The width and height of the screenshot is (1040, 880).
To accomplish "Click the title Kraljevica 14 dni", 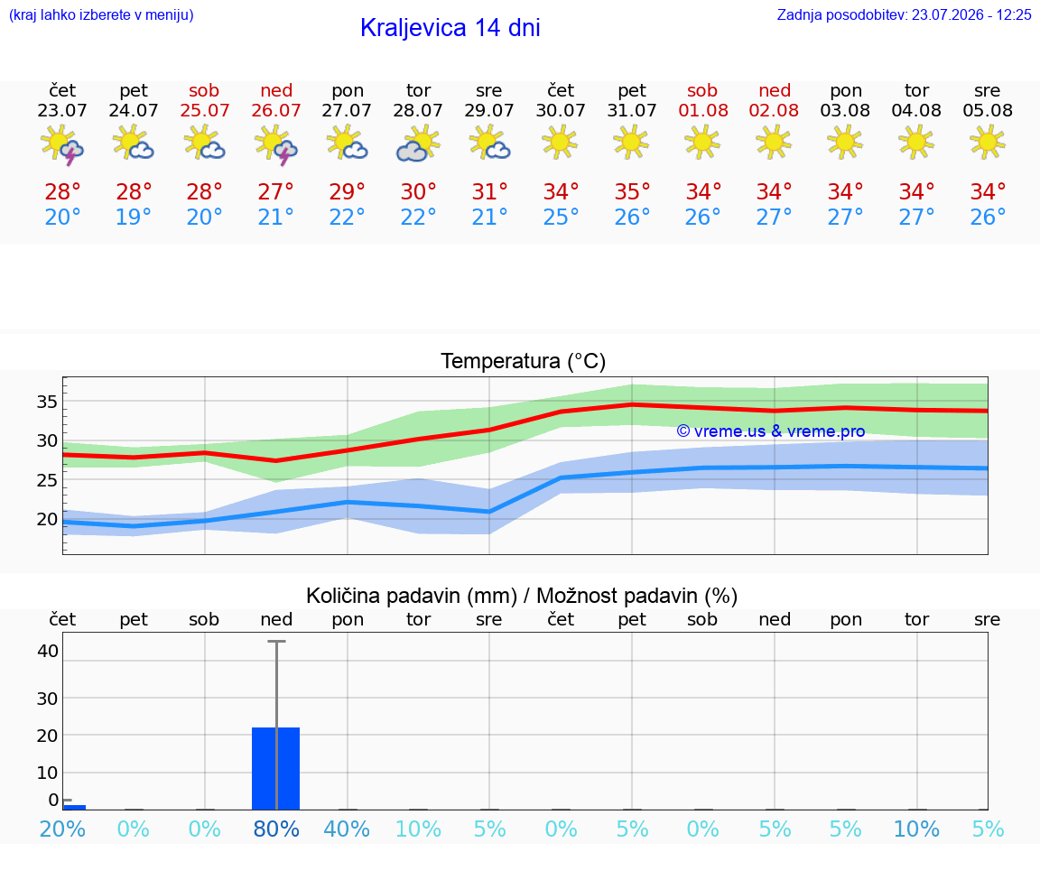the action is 450,28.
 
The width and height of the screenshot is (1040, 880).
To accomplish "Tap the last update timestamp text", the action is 904,14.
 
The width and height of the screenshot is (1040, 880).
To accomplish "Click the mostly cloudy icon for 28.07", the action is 418,144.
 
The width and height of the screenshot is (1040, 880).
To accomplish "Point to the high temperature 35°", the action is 631,191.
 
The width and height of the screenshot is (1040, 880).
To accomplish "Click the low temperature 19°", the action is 134,217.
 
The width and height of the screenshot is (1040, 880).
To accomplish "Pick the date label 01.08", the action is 703,110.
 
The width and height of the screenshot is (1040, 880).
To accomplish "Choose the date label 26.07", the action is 276,110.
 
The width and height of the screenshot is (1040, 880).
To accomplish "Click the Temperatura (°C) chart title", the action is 524,361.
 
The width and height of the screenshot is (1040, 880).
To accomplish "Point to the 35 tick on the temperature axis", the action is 47,402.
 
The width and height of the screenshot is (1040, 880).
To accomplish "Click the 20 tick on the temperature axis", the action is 47,519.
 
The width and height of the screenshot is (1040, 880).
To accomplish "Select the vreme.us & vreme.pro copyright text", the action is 771,431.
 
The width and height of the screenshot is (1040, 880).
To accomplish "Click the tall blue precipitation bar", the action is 276,769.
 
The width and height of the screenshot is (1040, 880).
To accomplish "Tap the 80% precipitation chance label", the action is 276,829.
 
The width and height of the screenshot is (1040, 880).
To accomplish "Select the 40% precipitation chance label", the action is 347,829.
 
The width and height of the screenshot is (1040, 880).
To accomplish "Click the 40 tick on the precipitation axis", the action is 48,651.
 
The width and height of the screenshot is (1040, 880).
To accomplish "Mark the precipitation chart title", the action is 522,596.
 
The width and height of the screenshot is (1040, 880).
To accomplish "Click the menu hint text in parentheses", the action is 101,14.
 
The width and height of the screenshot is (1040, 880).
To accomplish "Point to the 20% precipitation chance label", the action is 62,829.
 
